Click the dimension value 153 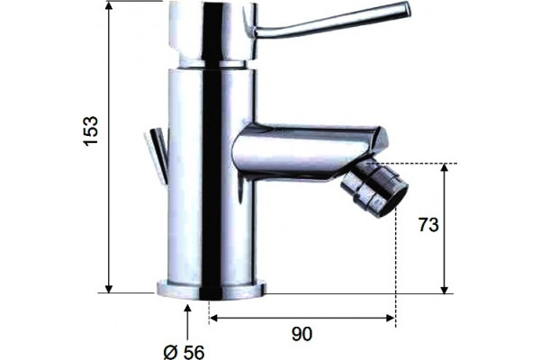click(92, 130)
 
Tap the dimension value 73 click(428, 225)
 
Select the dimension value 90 click(302, 334)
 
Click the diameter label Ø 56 click(184, 352)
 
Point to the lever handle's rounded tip click(407, 9)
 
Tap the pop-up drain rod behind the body click(157, 154)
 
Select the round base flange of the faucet click(211, 289)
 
